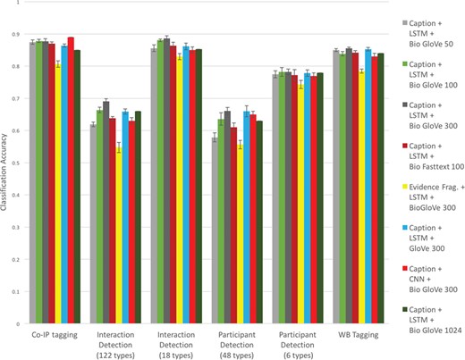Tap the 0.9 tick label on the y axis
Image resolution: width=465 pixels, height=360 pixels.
click(21, 35)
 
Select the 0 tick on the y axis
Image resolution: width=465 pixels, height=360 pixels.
click(23, 323)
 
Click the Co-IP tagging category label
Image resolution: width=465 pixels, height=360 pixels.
click(53, 334)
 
